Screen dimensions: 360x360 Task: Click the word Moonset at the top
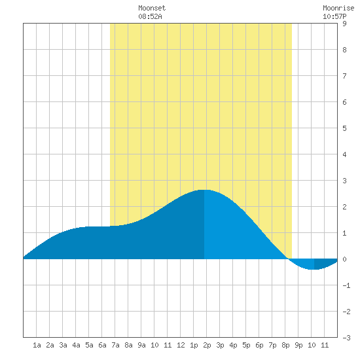152,8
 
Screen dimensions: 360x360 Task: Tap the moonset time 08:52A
150,16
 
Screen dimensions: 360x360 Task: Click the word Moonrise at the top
338,8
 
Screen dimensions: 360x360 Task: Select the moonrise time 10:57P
334,16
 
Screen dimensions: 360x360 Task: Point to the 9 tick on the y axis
344,24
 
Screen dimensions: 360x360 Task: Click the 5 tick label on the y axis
344,128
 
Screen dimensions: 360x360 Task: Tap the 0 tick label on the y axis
344,259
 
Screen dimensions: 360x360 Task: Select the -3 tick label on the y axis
346,338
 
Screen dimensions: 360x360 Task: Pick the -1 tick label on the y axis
346,285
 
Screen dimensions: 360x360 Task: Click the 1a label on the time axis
37,345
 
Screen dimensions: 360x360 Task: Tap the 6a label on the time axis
102,345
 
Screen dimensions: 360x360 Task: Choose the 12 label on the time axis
181,345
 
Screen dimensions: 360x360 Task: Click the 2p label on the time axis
207,346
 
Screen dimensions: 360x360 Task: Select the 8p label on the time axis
285,346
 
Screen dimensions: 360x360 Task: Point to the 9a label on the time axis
141,345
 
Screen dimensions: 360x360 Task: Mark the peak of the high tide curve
204,190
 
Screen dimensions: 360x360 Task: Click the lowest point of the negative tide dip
314,269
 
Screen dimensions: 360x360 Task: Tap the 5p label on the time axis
246,346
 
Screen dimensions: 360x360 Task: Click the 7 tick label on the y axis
344,76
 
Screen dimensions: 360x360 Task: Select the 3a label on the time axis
63,345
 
